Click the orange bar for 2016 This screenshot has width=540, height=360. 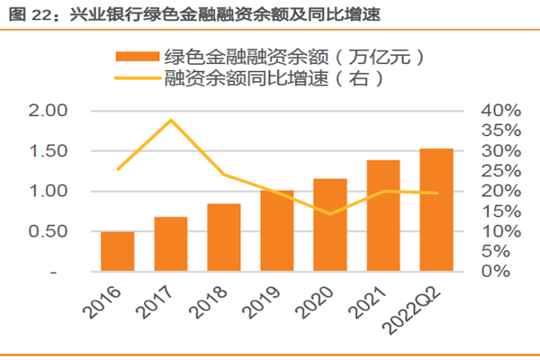point(117,251)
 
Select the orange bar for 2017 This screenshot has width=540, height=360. point(170,244)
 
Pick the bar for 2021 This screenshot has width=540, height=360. point(383,216)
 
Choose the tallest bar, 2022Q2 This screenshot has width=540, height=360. point(436,210)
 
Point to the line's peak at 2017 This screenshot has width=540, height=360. point(170,120)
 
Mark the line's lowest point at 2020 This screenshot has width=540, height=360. point(330,214)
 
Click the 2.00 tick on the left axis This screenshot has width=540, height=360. point(49,111)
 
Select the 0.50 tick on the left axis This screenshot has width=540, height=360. point(49,231)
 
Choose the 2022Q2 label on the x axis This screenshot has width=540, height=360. point(422,305)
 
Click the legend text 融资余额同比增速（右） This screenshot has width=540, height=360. point(274,78)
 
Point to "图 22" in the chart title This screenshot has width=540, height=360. point(26,13)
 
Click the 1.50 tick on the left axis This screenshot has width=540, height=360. point(49,151)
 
